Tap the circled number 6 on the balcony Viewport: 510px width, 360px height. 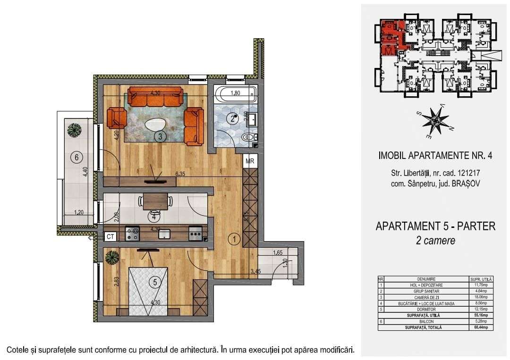tap(75, 158)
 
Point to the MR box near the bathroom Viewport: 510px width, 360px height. tap(250, 161)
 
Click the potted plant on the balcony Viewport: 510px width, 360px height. tap(74, 129)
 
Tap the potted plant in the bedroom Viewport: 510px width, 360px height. tap(112, 257)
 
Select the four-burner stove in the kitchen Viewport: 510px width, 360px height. tap(132, 233)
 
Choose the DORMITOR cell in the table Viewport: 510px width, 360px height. tap(426, 310)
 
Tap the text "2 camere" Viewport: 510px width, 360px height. tap(435, 240)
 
